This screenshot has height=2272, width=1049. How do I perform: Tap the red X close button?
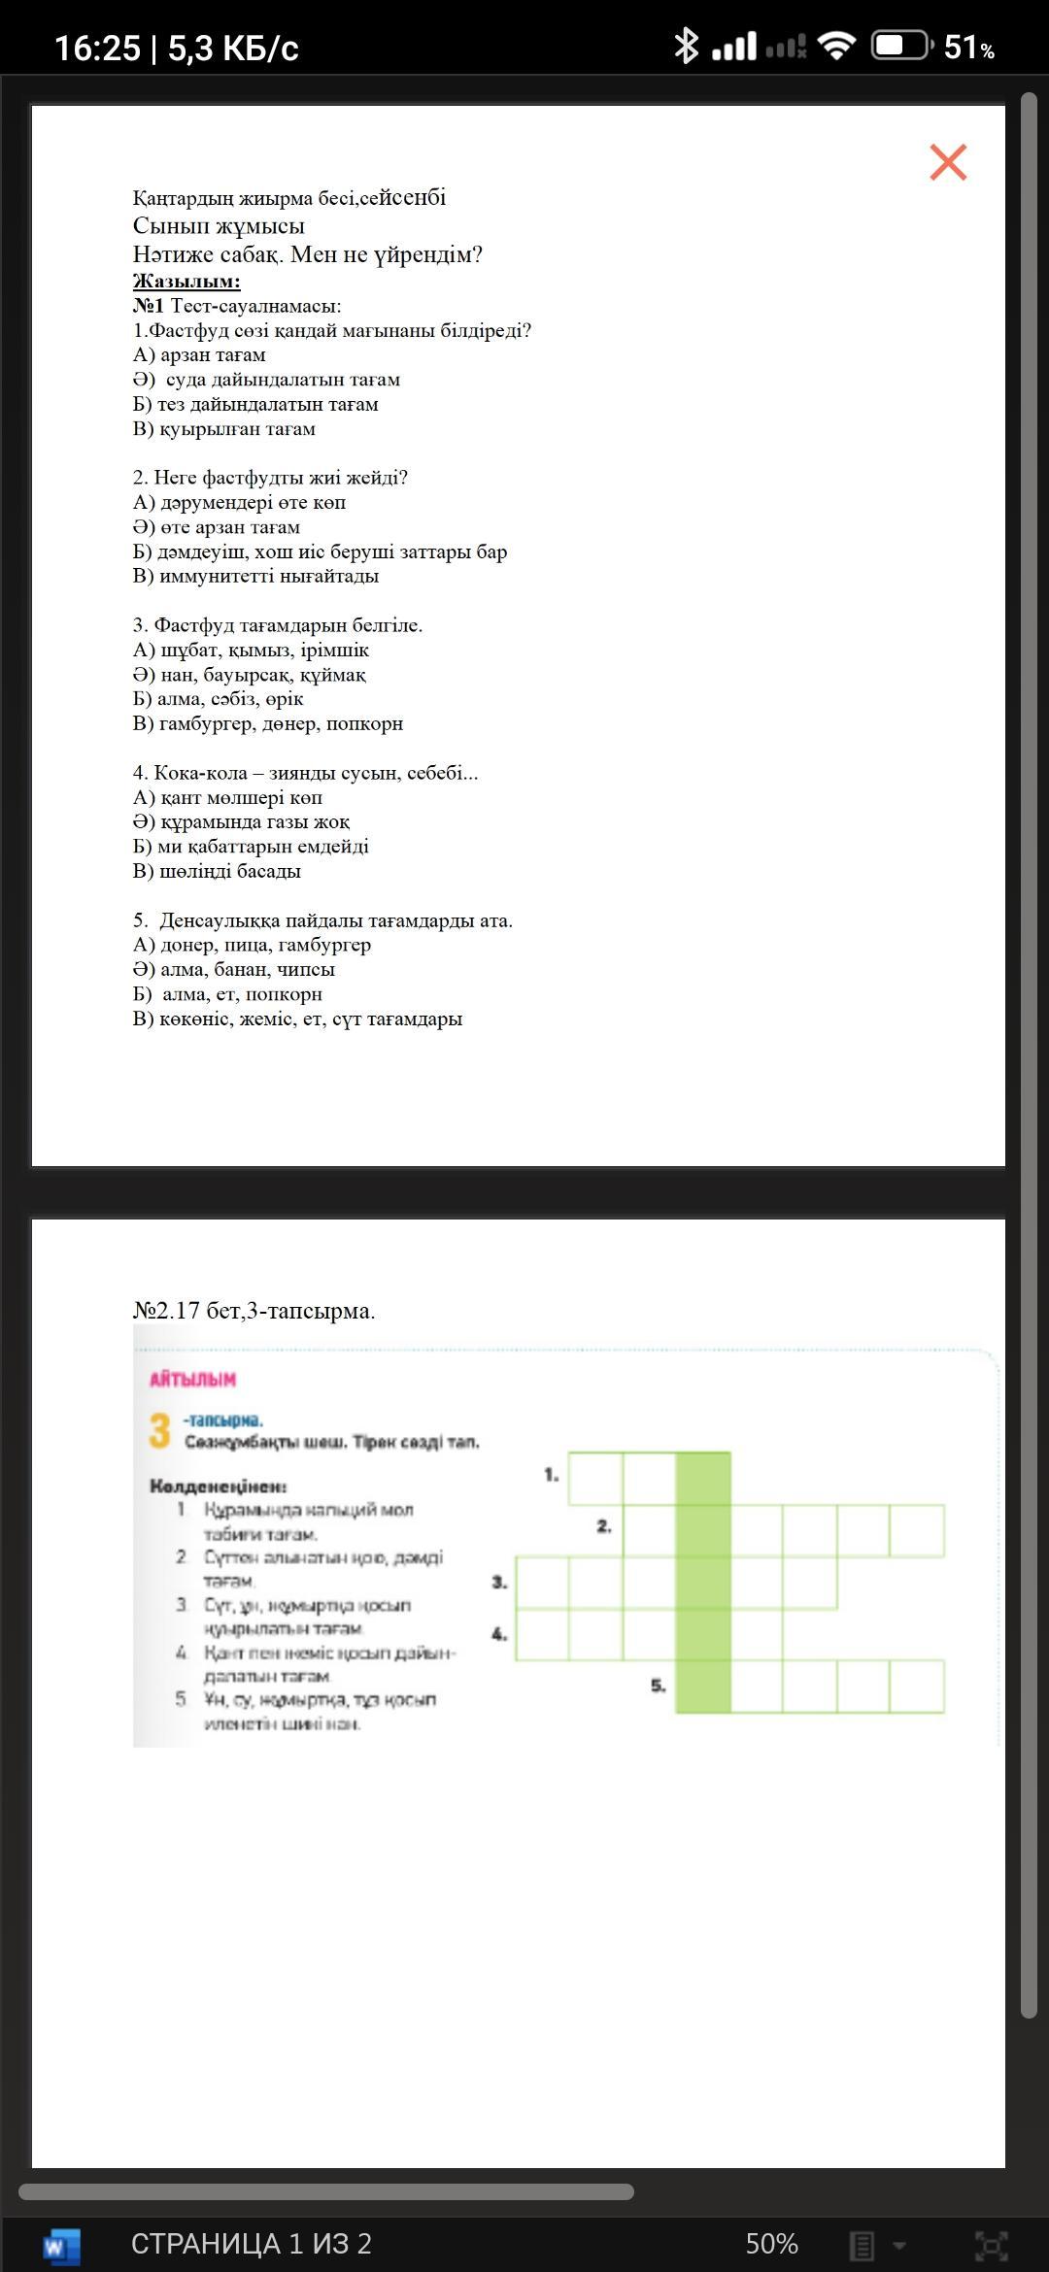948,162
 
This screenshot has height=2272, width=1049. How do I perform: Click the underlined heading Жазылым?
186,282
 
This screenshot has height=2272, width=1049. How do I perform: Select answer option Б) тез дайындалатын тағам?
255,404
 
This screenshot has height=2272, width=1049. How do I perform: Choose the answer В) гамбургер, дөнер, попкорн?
267,723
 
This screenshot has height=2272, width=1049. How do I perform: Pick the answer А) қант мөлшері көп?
227,797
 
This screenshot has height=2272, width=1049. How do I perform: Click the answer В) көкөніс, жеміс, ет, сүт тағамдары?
297,1019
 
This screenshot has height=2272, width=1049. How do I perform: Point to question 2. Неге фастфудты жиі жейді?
270,478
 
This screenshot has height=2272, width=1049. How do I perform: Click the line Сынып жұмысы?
219,226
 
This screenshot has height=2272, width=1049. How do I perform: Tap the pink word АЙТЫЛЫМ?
192,1380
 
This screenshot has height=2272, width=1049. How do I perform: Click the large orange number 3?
160,1431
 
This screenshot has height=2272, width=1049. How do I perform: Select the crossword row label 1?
551,1475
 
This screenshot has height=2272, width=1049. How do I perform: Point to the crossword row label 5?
658,1686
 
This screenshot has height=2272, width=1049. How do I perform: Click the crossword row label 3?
499,1582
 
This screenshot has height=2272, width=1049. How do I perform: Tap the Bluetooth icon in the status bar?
686,46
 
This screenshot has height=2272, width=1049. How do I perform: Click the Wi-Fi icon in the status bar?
836,46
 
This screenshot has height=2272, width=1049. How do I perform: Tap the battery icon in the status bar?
900,46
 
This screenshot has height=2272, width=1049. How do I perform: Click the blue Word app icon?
62,2245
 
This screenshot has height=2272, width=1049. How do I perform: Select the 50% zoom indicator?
771,2244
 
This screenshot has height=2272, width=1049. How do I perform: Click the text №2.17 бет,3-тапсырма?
254,1311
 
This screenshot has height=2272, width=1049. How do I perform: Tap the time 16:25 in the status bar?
97,48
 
